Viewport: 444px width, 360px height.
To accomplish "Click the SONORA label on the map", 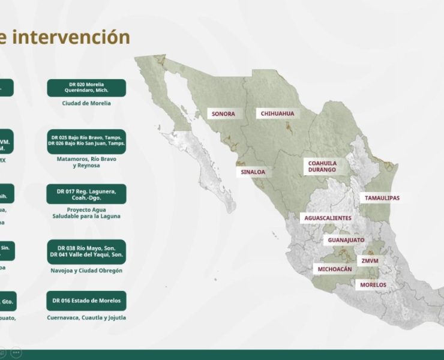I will tap(223, 113).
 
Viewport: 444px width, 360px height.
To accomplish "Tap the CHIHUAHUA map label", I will tap(277, 113).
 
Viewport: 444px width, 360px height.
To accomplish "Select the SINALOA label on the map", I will tap(253, 172).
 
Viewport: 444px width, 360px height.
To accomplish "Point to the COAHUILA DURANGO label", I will tap(322, 166).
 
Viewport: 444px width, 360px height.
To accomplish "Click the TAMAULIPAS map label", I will tap(382, 198).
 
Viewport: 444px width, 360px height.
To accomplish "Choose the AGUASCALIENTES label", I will tap(327, 218).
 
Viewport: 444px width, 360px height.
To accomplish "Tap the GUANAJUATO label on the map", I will tap(346, 240).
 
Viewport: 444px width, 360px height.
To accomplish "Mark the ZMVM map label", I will tap(370, 261).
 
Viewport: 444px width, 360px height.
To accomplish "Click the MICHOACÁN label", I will tap(335, 269).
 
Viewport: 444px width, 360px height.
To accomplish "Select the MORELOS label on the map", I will tap(373, 284).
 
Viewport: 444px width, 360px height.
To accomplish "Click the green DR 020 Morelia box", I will tap(86, 88).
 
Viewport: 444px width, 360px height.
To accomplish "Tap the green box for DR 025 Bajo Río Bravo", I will tap(86, 141).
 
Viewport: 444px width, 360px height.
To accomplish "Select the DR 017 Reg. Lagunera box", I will tap(86, 194).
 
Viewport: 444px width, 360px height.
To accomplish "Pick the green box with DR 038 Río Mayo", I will tap(86, 251).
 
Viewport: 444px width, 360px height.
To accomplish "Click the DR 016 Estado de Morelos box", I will tap(86, 301).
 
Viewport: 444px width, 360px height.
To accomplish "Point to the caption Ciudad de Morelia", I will tap(86, 103).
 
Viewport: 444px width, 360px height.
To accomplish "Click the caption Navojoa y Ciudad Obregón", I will tap(86, 271).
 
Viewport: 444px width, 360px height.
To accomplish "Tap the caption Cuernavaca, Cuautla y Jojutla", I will tap(86, 318).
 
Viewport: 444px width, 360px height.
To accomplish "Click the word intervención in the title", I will tap(71, 37).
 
